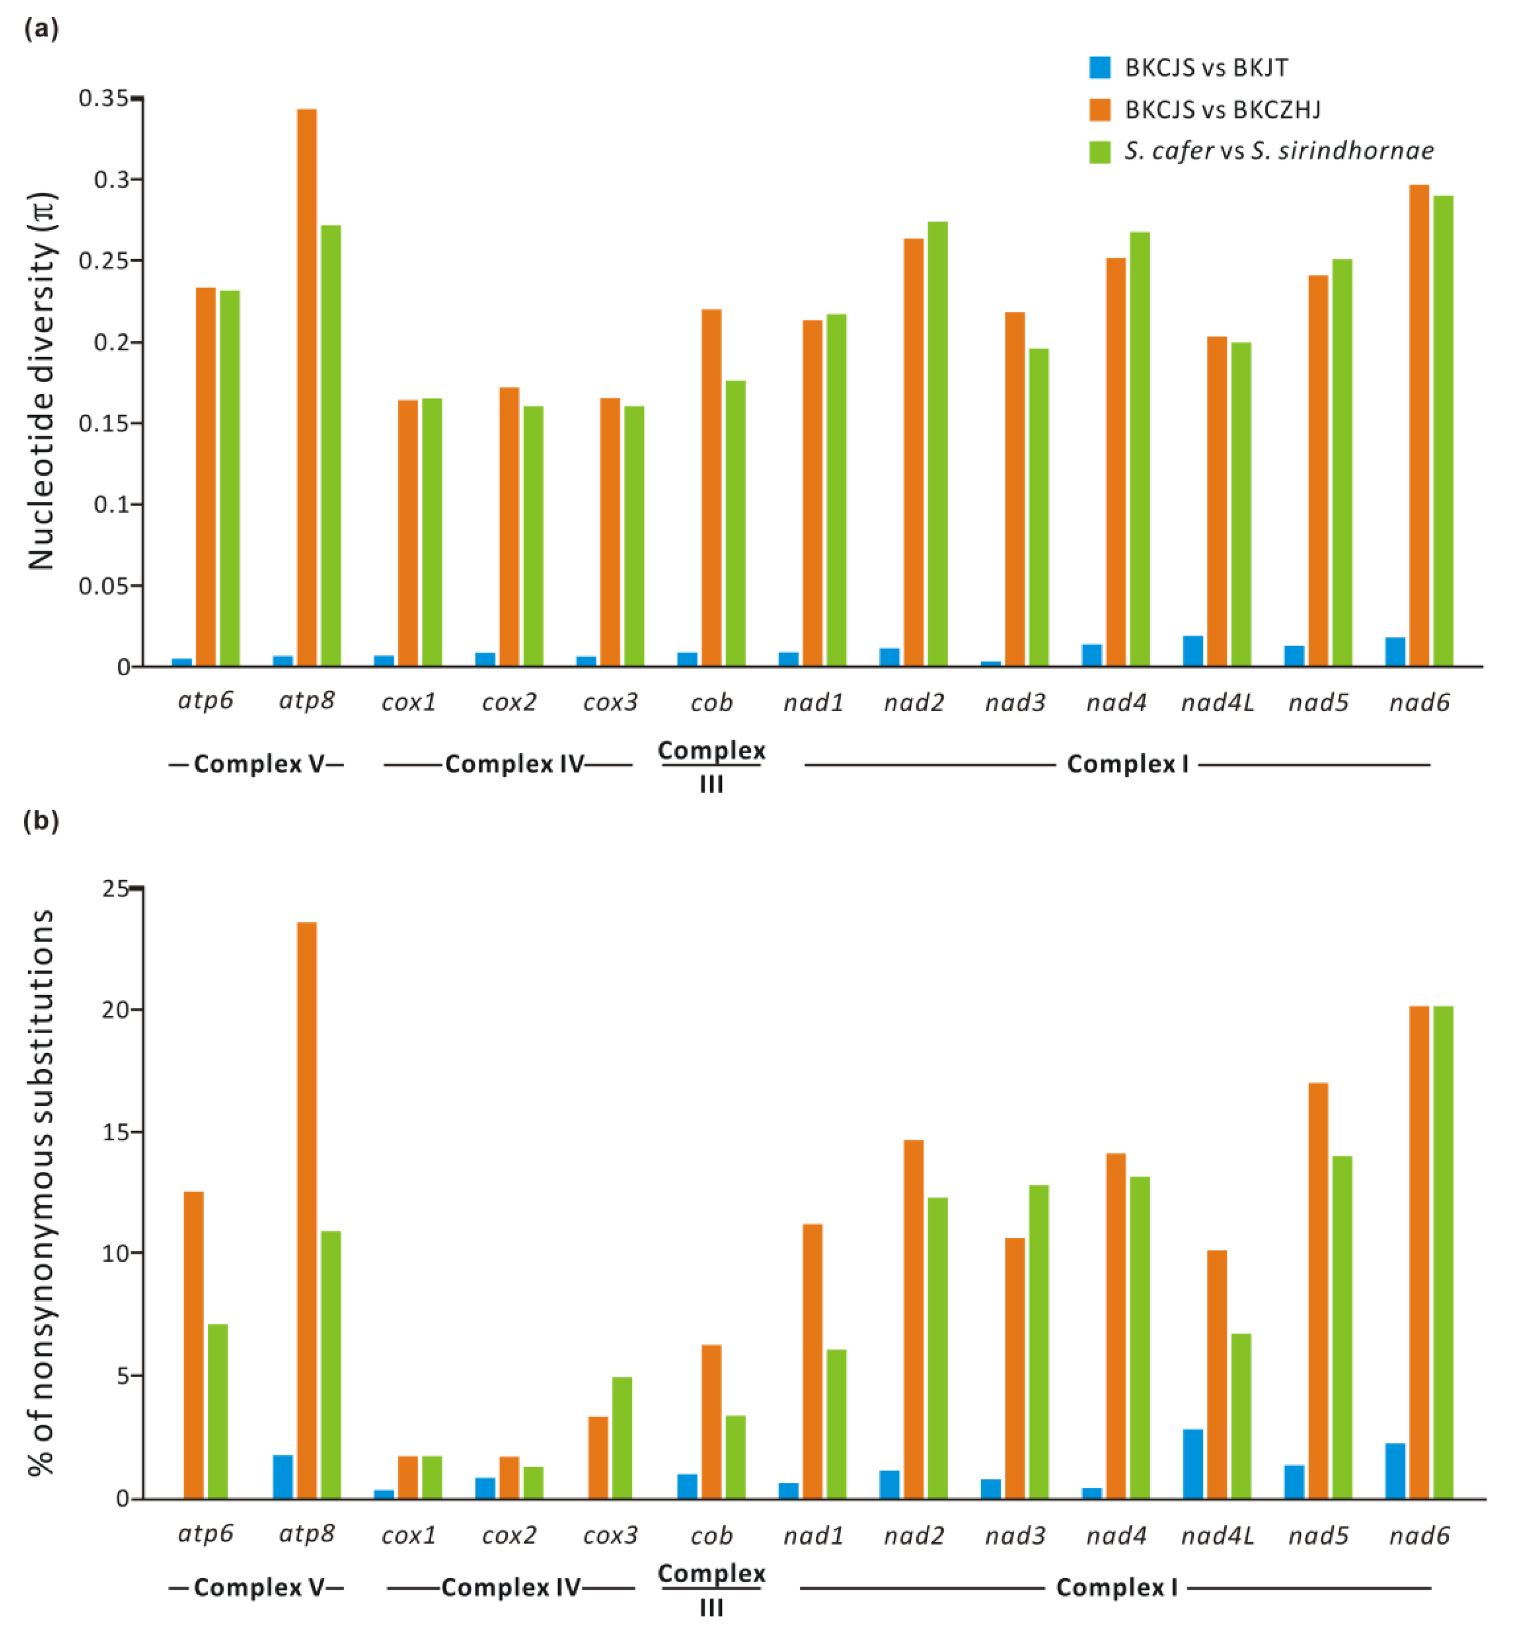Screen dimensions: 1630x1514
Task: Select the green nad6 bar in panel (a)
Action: (1443, 430)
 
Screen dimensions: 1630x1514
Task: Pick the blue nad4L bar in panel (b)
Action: (1193, 1464)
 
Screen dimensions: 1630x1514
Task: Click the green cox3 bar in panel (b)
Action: (622, 1438)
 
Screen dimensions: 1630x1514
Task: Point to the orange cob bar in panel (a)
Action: (711, 487)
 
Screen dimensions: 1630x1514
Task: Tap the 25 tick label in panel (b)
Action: (115, 889)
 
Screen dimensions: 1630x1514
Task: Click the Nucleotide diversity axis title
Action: (41, 381)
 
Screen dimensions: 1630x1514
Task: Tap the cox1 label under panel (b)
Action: (408, 1536)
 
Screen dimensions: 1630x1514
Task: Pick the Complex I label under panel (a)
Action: (1126, 764)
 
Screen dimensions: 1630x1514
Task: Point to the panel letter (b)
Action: (41, 821)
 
